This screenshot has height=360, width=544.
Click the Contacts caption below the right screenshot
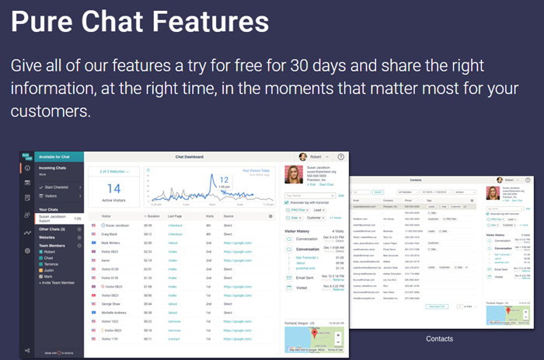click(440, 339)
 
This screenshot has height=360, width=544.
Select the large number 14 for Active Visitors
click(113, 189)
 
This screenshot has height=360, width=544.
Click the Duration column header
click(152, 215)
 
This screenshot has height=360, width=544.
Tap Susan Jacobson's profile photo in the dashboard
click(294, 175)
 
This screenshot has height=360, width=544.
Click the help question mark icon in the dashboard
click(340, 156)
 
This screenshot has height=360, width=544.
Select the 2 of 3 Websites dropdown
click(113, 170)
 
